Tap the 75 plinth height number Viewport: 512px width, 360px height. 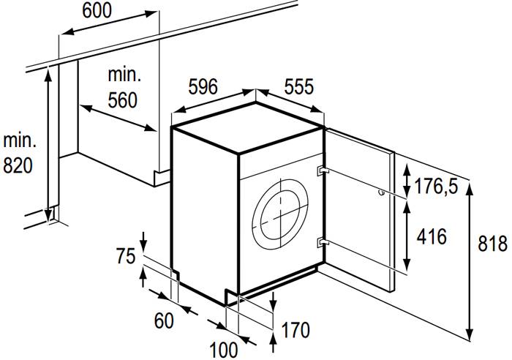pos(126,257)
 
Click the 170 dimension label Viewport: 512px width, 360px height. pos(296,331)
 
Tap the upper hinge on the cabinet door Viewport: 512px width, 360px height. pos(322,170)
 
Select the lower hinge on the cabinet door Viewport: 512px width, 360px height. pos(322,241)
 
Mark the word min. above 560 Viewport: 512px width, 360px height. pos(123,75)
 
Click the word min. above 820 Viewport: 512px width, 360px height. pos(18,139)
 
